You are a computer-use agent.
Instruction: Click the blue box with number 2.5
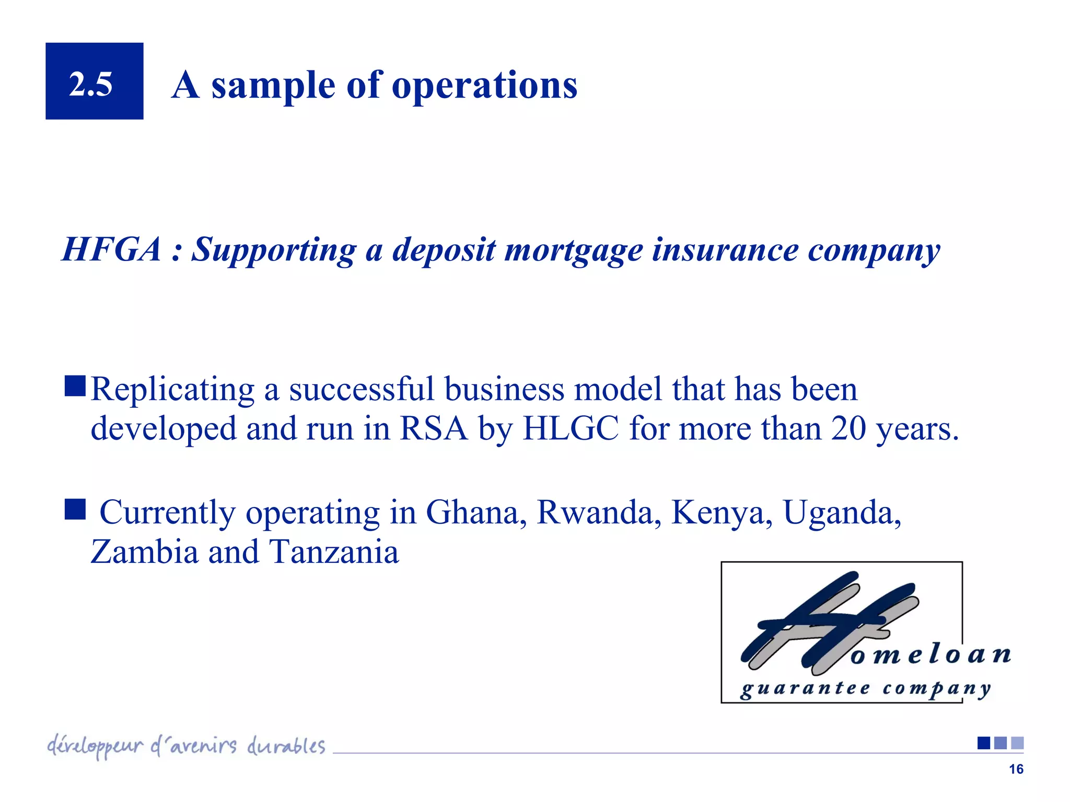(x=94, y=81)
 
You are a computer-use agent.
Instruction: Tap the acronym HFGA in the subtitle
(x=111, y=250)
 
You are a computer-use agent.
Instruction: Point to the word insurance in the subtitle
(x=725, y=250)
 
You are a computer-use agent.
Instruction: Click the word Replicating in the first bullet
(x=172, y=390)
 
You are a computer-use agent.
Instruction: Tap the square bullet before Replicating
(x=75, y=386)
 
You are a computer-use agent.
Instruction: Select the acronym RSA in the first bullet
(x=433, y=429)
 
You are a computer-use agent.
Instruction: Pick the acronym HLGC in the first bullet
(x=571, y=429)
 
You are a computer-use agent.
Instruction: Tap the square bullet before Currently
(x=75, y=509)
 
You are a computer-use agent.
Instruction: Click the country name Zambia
(x=144, y=552)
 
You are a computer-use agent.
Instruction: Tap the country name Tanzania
(x=334, y=552)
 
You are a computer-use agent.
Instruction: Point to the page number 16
(x=1016, y=769)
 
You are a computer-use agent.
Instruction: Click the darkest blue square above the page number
(x=983, y=743)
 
